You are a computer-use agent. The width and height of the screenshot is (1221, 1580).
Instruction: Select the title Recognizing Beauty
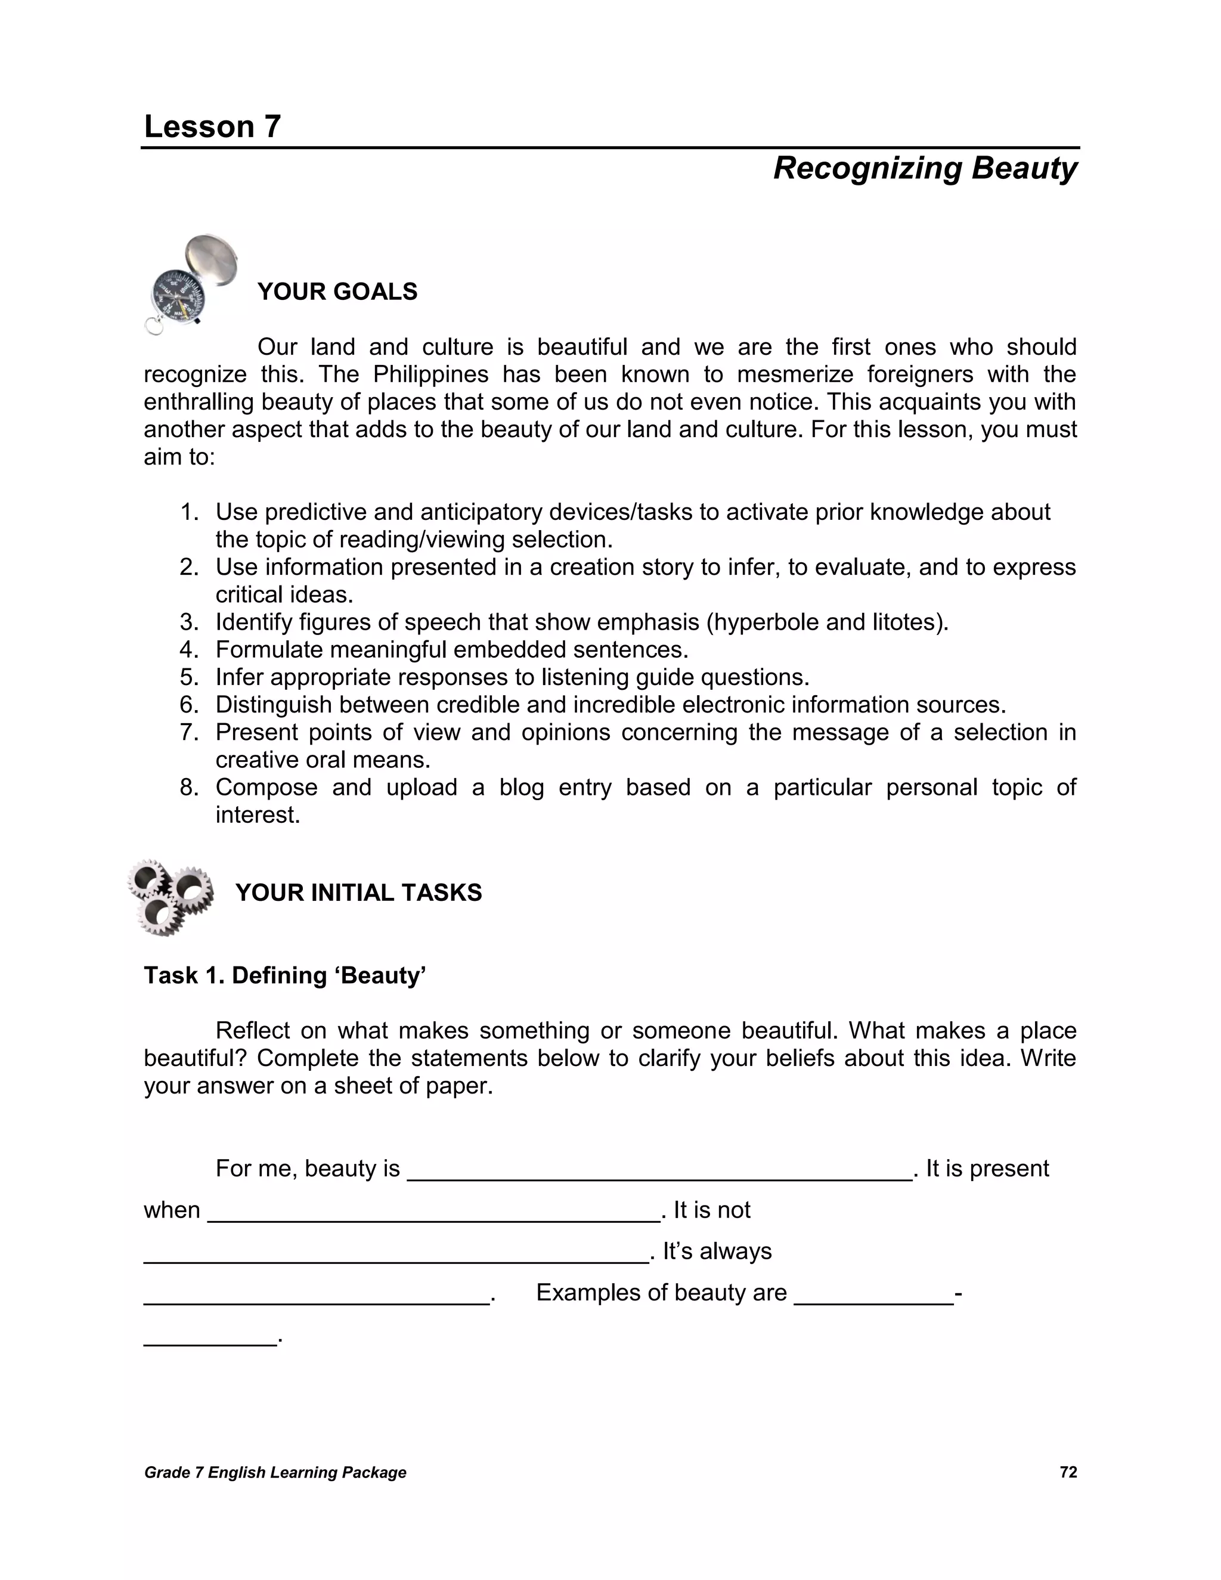pyautogui.click(x=925, y=168)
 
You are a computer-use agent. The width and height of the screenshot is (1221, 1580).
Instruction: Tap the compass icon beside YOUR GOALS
pyautogui.click(x=190, y=284)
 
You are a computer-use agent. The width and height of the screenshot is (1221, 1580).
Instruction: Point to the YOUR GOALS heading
pyautogui.click(x=337, y=292)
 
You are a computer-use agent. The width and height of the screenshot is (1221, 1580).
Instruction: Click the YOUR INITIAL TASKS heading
pyautogui.click(x=358, y=893)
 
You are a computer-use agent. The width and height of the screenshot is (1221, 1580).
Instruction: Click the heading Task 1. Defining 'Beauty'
pyautogui.click(x=285, y=975)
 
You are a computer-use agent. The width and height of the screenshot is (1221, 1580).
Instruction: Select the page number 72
pyautogui.click(x=1068, y=1472)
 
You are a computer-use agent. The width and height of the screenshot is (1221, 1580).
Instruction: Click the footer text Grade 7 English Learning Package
pyautogui.click(x=275, y=1473)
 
